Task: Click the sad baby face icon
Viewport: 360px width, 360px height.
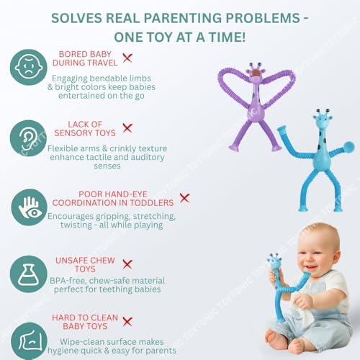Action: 29,67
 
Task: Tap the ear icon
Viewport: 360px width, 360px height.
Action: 29,138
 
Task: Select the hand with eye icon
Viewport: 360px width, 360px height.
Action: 29,207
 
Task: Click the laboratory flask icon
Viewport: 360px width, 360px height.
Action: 29,274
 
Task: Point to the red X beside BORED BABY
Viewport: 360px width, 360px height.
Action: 127,58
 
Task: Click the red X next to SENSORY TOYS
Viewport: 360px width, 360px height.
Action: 127,128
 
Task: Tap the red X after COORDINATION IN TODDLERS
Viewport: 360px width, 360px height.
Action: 184,198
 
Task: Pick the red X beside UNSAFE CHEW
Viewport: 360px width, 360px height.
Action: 127,264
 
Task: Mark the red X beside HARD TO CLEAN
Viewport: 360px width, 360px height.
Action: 127,322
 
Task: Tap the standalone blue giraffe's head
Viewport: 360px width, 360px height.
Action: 323,120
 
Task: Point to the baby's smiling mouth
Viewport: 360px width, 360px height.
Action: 311,267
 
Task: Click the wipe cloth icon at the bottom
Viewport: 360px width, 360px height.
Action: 29,341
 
